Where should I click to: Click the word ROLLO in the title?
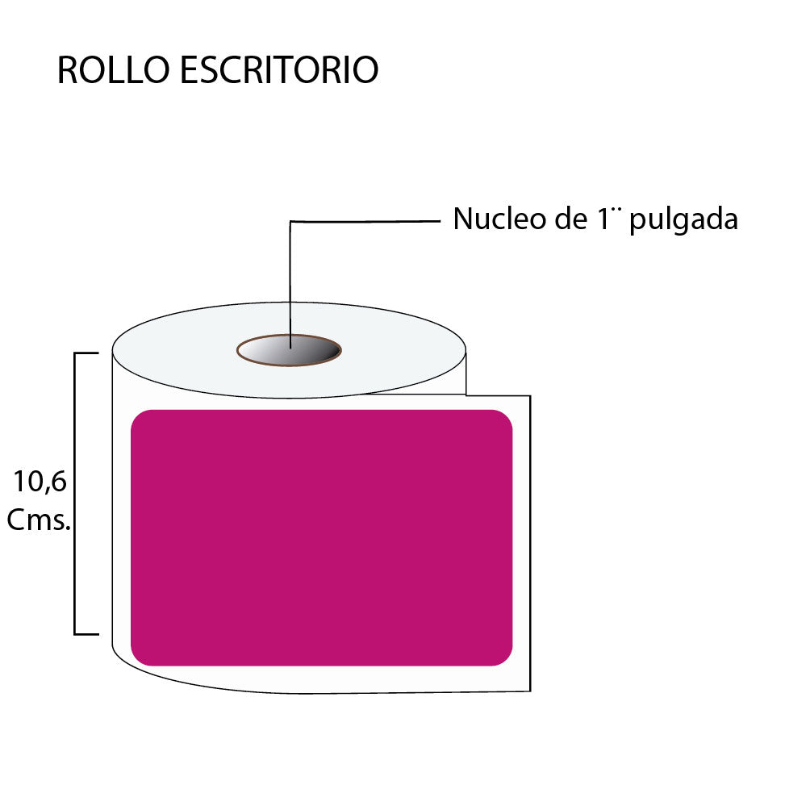pos(114,69)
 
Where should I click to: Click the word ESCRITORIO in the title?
pos(279,69)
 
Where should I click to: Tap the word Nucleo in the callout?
pos(499,219)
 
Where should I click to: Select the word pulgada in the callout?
pos(683,220)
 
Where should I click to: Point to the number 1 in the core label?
pos(603,219)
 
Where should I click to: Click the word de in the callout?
pos(571,219)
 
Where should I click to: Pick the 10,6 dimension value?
pos(40,482)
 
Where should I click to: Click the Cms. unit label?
pos(39,520)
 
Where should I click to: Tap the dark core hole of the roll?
pos(290,350)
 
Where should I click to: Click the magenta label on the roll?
pos(321,538)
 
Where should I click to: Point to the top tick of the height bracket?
pos(86,353)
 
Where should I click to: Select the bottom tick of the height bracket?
pos(86,634)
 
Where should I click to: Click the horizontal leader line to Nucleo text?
pos(365,222)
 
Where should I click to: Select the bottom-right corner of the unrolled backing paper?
pos(531,691)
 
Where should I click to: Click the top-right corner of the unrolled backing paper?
pos(531,396)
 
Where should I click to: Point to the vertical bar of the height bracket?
pos(75,493)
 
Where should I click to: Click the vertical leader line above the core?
pos(290,285)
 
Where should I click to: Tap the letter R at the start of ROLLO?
pos(67,69)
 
